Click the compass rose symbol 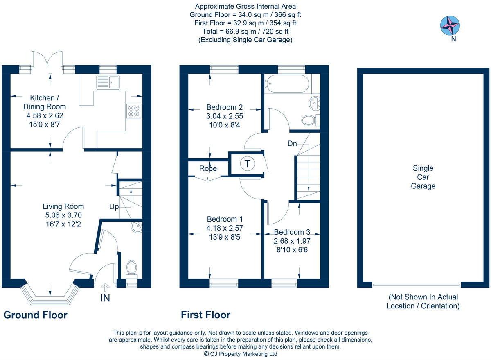[x=450, y=25]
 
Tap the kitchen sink [x=108, y=82]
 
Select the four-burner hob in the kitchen [x=134, y=111]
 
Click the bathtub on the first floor [x=287, y=84]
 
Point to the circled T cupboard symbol [x=248, y=164]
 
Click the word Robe [x=208, y=168]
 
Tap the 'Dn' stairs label [x=292, y=144]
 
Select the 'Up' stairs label [x=114, y=207]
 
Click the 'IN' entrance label [x=105, y=298]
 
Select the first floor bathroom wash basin [x=315, y=103]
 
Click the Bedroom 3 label [x=292, y=232]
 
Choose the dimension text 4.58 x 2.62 [x=45, y=115]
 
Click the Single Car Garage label [x=423, y=177]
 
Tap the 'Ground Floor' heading [x=36, y=315]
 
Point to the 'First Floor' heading [x=205, y=315]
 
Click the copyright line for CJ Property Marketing [x=241, y=354]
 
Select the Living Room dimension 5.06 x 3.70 [x=63, y=215]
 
